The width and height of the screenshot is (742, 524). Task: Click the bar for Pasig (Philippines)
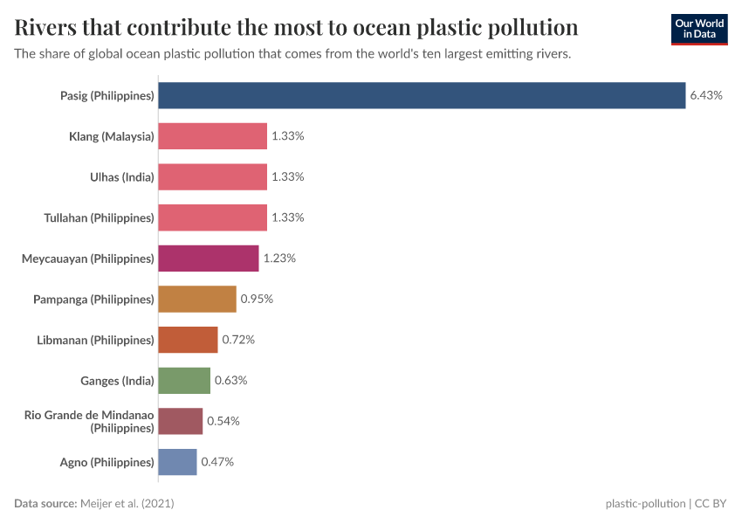click(x=422, y=95)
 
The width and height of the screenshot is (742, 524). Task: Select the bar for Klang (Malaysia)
click(x=212, y=136)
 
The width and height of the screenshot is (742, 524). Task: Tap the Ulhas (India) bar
click(x=212, y=176)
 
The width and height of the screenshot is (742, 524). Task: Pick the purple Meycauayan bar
click(x=209, y=259)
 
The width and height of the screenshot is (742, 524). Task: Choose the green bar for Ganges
click(x=184, y=381)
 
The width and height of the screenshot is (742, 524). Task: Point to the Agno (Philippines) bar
click(x=177, y=462)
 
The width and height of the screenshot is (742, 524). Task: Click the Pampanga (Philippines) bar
click(x=197, y=299)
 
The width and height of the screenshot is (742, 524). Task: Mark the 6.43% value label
click(x=706, y=95)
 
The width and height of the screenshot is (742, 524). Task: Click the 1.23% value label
click(x=279, y=259)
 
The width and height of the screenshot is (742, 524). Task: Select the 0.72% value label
click(x=238, y=340)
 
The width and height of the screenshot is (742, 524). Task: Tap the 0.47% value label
click(x=217, y=462)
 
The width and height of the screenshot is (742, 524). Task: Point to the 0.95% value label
click(x=257, y=299)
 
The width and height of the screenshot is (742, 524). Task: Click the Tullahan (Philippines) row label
click(x=99, y=217)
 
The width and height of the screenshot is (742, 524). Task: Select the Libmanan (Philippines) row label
click(x=96, y=340)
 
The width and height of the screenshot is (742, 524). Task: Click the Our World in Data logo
click(x=698, y=29)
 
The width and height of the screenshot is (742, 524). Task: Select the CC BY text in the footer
click(x=711, y=504)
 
